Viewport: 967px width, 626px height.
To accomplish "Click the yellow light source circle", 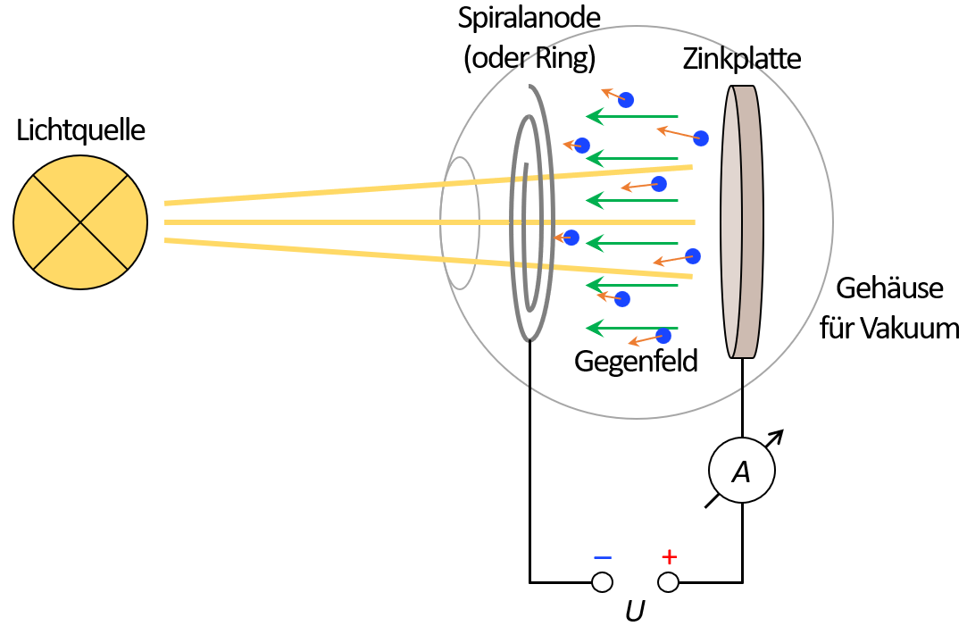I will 80,221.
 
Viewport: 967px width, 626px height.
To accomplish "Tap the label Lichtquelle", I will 80,131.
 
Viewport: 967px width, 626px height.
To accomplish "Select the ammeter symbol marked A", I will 741,472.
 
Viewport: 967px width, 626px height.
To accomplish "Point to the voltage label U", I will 635,612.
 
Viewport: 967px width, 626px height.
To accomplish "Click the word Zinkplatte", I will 742,60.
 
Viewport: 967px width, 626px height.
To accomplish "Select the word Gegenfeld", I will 635,362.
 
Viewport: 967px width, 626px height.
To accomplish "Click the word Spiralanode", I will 529,18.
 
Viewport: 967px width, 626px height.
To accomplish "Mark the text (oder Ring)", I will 529,58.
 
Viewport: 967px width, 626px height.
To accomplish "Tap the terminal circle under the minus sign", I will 603,583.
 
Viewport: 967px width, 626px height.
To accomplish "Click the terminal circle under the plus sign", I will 668,583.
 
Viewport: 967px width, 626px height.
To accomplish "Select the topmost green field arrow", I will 632,117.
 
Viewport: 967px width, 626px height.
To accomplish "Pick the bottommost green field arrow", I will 632,328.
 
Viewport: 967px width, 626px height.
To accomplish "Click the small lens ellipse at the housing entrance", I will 461,223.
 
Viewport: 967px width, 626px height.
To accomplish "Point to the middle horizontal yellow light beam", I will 429,221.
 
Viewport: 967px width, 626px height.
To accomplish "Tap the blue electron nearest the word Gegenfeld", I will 663,336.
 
